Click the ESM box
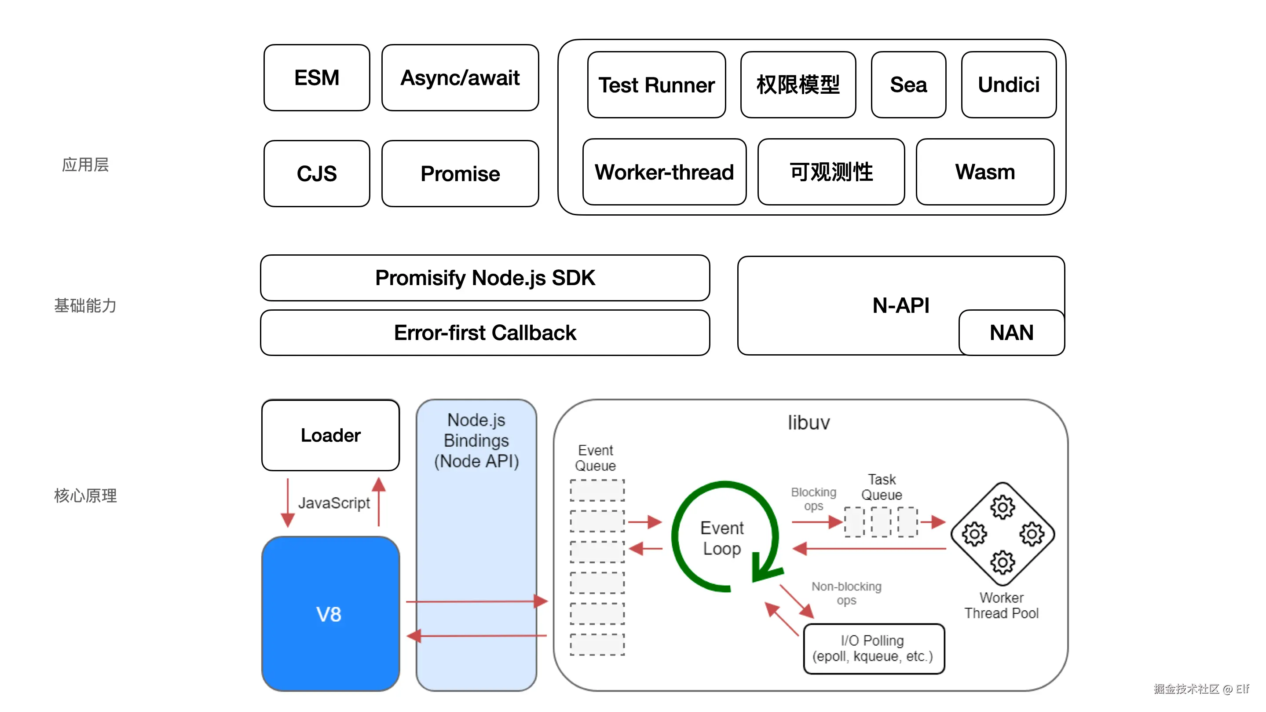(317, 78)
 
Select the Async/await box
(460, 78)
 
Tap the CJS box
(317, 173)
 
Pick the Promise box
(460, 173)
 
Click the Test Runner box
(656, 85)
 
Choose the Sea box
(908, 85)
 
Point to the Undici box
(1009, 85)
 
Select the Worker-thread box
(664, 172)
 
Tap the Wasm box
(985, 172)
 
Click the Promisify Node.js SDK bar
(485, 278)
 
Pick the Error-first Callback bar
(485, 333)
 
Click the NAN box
(1011, 333)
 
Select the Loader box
(330, 435)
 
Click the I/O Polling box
(873, 649)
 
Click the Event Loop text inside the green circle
(721, 538)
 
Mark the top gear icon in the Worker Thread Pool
(1003, 507)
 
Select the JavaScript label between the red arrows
(334, 503)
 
